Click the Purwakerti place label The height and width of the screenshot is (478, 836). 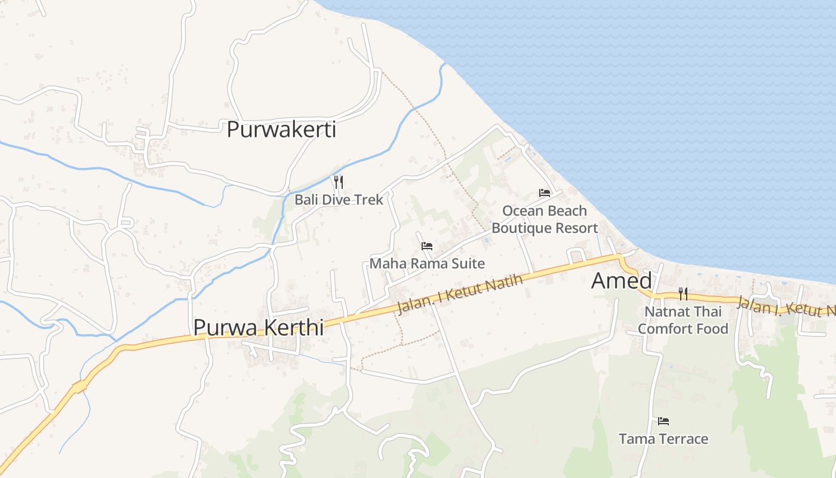tap(281, 130)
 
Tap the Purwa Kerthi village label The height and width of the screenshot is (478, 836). tap(258, 327)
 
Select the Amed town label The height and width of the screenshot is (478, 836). tap(621, 281)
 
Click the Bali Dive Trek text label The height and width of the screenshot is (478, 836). tap(339, 200)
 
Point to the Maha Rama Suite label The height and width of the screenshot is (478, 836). tap(427, 263)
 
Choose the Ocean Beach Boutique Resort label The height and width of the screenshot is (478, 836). tap(545, 219)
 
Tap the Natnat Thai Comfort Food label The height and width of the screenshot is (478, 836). tap(683, 320)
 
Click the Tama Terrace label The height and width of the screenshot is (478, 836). tap(663, 439)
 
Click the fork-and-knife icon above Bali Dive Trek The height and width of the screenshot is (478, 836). tap(338, 181)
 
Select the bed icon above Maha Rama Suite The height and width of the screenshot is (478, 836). tap(426, 246)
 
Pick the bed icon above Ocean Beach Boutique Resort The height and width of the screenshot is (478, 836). tap(544, 192)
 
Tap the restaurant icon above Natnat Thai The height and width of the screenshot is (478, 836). tap(683, 293)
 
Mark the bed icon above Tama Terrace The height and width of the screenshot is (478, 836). tap(663, 421)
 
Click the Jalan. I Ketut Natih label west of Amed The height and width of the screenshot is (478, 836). tap(460, 295)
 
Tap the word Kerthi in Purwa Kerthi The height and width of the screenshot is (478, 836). tap(296, 327)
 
